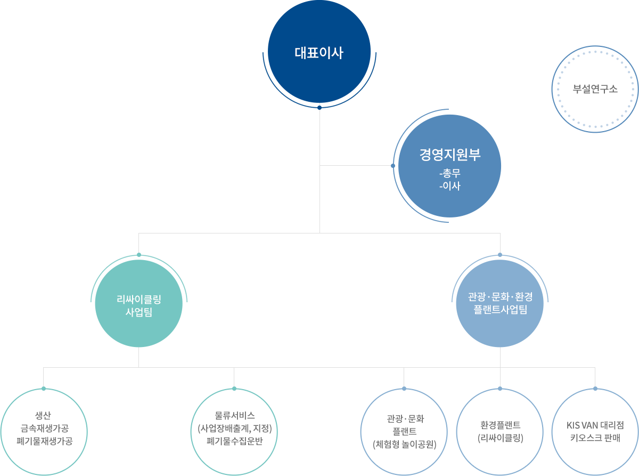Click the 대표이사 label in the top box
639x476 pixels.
click(319, 53)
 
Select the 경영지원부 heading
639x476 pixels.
click(450, 155)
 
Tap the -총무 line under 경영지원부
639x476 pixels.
click(450, 174)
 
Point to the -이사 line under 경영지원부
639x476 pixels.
click(450, 186)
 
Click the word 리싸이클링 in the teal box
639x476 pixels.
click(138, 300)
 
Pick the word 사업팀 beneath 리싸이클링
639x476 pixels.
click(138, 312)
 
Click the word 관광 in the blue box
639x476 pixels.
click(477, 296)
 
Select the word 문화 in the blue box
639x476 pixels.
click(501, 296)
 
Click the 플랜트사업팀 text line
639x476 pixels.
click(500, 309)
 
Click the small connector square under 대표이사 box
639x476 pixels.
click(319, 107)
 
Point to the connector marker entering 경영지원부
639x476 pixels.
click(392, 165)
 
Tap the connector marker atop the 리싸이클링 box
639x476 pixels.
click(138, 253)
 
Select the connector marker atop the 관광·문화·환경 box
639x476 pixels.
click(499, 253)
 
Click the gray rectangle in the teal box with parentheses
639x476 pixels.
click(234, 428)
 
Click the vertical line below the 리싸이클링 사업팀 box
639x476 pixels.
click(138, 357)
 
